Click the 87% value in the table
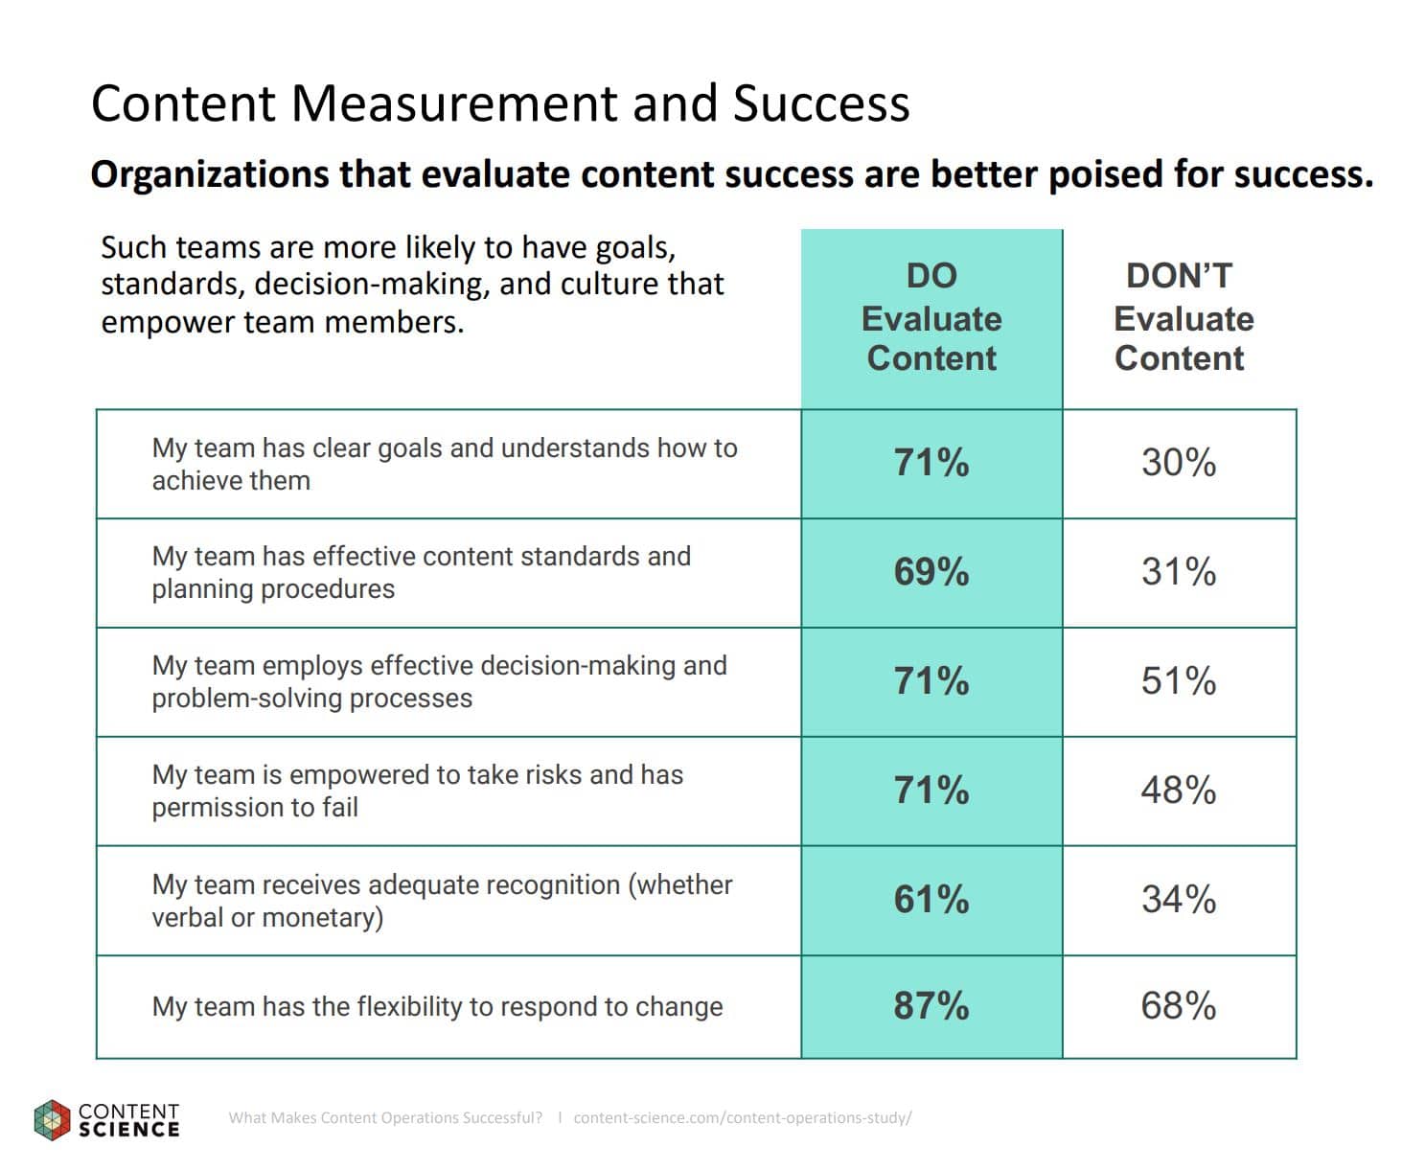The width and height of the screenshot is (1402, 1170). (x=931, y=1005)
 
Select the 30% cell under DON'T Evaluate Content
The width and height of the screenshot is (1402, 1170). (x=1178, y=463)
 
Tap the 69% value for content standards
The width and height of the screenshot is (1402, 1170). (x=931, y=572)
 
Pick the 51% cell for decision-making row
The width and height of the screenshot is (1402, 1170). (x=1178, y=681)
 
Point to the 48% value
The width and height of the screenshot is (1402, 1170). (x=1178, y=791)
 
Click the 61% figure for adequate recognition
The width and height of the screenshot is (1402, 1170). (x=931, y=900)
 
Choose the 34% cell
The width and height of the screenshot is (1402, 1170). (x=1178, y=900)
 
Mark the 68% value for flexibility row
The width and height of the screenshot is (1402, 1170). (x=1178, y=1005)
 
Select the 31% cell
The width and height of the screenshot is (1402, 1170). (x=1178, y=572)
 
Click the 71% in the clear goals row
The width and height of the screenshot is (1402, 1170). (x=931, y=463)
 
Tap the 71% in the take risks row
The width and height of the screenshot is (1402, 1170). (x=931, y=791)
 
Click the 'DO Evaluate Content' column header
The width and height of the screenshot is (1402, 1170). (x=931, y=317)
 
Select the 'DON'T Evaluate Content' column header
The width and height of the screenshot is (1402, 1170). (x=1182, y=317)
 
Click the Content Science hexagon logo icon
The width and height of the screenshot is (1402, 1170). (x=53, y=1120)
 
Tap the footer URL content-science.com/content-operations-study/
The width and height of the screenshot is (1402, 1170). (x=742, y=1117)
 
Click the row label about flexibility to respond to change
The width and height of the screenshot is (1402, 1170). (x=437, y=1006)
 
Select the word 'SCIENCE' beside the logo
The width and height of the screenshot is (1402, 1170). (x=129, y=1130)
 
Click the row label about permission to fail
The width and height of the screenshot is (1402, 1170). (x=417, y=791)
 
